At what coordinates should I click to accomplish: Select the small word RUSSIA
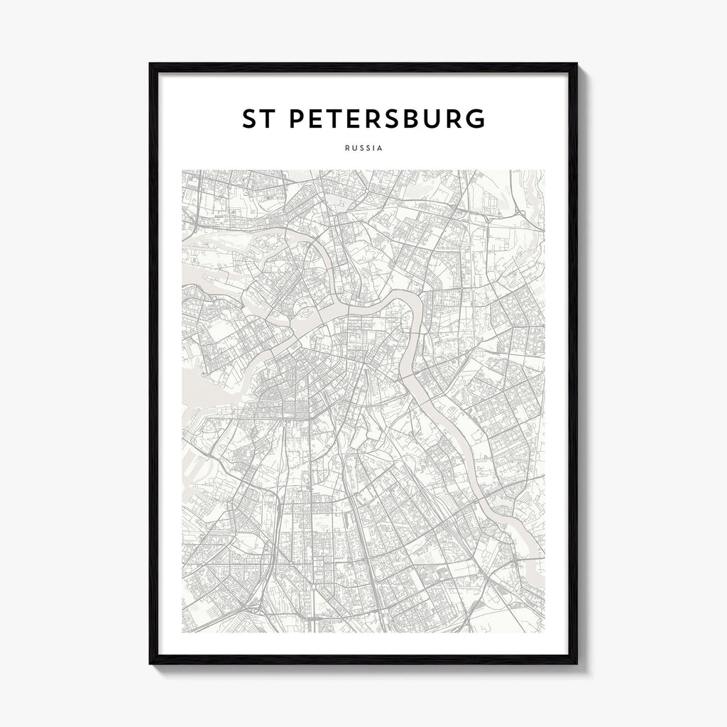(363, 148)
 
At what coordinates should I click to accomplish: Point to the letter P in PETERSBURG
(298, 119)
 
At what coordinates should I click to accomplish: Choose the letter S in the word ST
(249, 119)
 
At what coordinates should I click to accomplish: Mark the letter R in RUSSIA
(346, 148)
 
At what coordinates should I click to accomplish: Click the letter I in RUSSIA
(373, 148)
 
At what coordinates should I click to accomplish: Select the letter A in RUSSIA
(380, 148)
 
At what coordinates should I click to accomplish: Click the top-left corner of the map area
(182, 170)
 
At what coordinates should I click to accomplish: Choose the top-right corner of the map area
(545, 170)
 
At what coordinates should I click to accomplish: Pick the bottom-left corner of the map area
(182, 632)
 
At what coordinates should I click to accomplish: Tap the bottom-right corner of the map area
(545, 632)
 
